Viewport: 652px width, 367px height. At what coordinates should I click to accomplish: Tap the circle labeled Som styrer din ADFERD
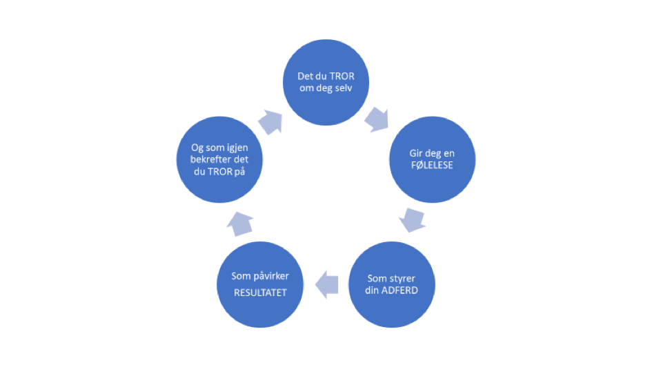(392, 284)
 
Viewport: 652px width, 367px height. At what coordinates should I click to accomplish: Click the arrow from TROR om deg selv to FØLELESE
(375, 118)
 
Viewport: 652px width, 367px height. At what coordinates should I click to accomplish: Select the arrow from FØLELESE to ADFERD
(412, 220)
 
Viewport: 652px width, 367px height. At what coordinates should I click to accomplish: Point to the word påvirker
(270, 276)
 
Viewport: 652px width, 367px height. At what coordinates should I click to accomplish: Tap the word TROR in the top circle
(342, 76)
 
